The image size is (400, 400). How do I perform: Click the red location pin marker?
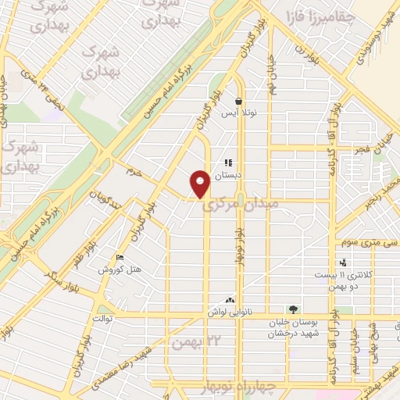point(200,183)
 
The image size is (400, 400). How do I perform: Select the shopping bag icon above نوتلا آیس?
point(238,102)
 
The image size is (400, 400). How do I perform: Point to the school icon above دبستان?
point(229,162)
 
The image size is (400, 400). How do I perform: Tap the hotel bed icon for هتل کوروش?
point(120,258)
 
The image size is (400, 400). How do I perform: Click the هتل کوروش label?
point(119,270)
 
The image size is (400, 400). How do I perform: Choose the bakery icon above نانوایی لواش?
point(230,300)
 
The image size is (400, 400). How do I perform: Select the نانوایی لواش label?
point(227,312)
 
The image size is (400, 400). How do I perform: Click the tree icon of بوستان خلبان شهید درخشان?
point(292,310)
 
